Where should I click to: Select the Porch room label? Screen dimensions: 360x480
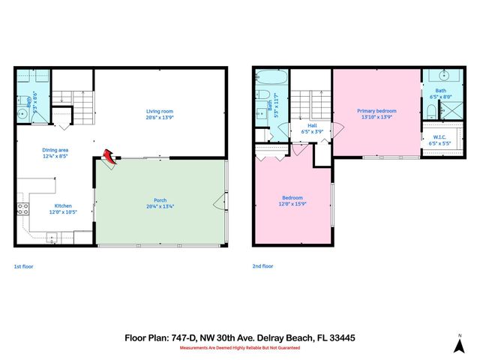click(160, 199)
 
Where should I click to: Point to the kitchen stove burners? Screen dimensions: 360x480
click(22, 209)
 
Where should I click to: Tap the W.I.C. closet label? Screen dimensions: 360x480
click(440, 136)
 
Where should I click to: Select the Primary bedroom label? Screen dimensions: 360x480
click(376, 111)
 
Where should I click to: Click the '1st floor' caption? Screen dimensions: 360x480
click(23, 266)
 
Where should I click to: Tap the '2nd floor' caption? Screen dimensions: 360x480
click(262, 266)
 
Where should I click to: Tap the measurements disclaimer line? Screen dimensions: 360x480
click(239, 348)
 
